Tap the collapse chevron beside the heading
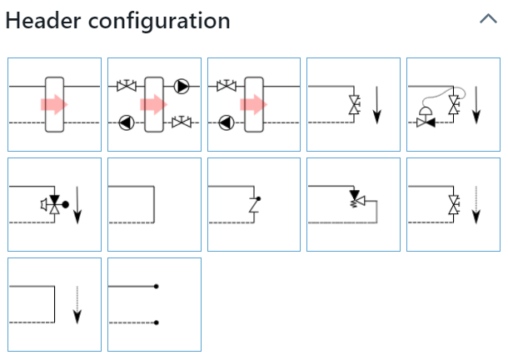(x=487, y=18)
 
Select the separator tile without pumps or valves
(x=55, y=104)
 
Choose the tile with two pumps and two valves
(x=154, y=104)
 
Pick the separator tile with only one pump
(x=254, y=104)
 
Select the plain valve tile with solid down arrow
(x=353, y=104)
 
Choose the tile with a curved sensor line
(x=453, y=104)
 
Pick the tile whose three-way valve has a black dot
(x=55, y=204)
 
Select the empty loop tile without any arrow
(x=154, y=204)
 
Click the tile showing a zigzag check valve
(x=254, y=204)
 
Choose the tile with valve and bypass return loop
(x=353, y=204)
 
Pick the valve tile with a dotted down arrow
(x=453, y=204)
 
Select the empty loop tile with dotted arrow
(x=55, y=304)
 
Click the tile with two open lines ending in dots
(x=154, y=304)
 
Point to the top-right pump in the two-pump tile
(x=182, y=86)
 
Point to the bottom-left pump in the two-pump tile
(x=126, y=122)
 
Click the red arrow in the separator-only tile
(x=53, y=105)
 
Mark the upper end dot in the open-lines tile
(x=157, y=287)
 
